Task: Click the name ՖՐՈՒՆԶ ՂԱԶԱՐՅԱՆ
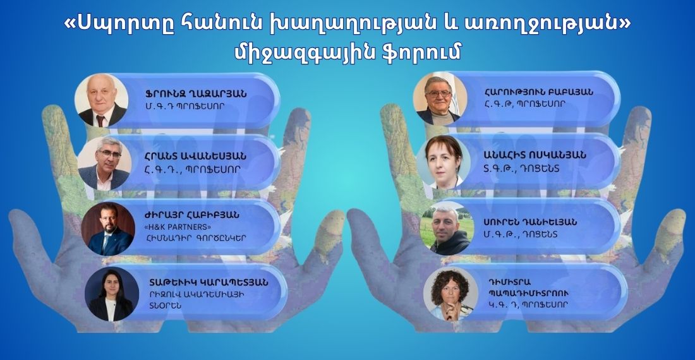click(x=195, y=94)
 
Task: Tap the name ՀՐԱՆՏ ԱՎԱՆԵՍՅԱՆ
click(x=195, y=156)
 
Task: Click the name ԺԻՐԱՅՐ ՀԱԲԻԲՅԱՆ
click(x=191, y=215)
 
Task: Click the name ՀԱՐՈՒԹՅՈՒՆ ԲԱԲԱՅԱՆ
click(x=538, y=92)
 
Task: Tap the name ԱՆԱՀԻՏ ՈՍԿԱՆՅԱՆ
click(x=535, y=155)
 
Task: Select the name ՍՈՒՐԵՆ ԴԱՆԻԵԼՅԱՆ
click(x=531, y=222)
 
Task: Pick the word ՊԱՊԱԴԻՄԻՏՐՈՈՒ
click(x=528, y=293)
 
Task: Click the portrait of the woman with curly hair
click(x=450, y=294)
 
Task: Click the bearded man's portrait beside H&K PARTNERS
click(x=108, y=229)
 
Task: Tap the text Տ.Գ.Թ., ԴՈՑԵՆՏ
click(x=522, y=169)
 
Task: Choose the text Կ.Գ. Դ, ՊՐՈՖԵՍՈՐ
click(x=528, y=304)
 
